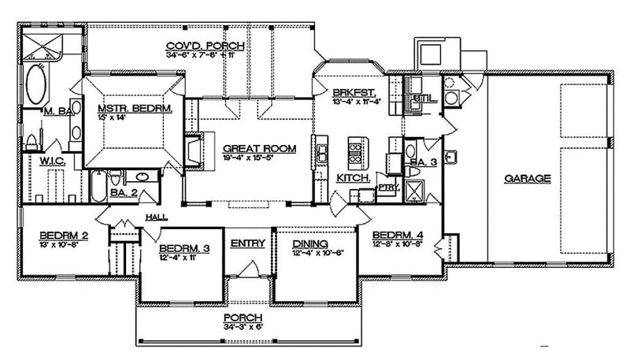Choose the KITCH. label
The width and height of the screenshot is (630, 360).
click(x=354, y=179)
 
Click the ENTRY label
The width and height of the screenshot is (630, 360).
click(x=247, y=243)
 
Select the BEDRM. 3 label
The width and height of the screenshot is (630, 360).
click(x=183, y=248)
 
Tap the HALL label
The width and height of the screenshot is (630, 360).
click(x=155, y=217)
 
